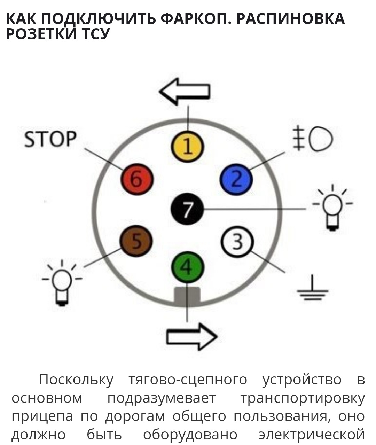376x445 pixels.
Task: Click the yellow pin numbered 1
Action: tap(187, 147)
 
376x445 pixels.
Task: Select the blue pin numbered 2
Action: tap(236, 180)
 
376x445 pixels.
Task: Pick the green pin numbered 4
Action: tap(187, 267)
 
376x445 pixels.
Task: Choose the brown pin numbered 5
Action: tap(136, 241)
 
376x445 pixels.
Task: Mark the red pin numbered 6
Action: tap(137, 180)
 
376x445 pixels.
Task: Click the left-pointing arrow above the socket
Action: tap(185, 91)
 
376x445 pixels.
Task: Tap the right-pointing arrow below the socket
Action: tap(192, 336)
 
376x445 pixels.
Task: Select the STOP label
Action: tap(50, 139)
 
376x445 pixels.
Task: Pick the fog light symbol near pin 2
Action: tap(313, 139)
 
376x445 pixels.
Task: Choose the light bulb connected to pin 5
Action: tap(62, 283)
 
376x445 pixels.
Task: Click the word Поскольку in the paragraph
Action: tap(76, 380)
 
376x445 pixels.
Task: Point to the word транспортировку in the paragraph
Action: tap(303, 398)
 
